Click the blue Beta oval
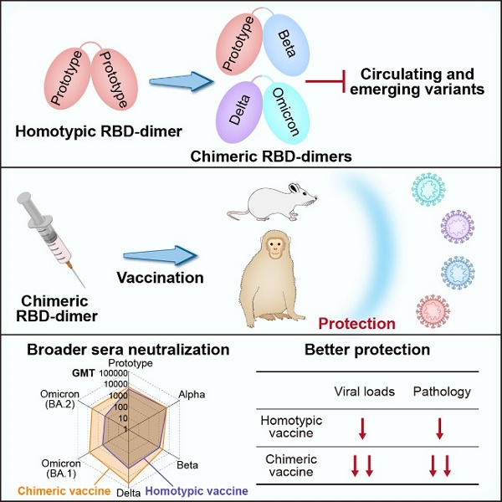[x=287, y=43]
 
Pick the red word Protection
[x=357, y=323]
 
